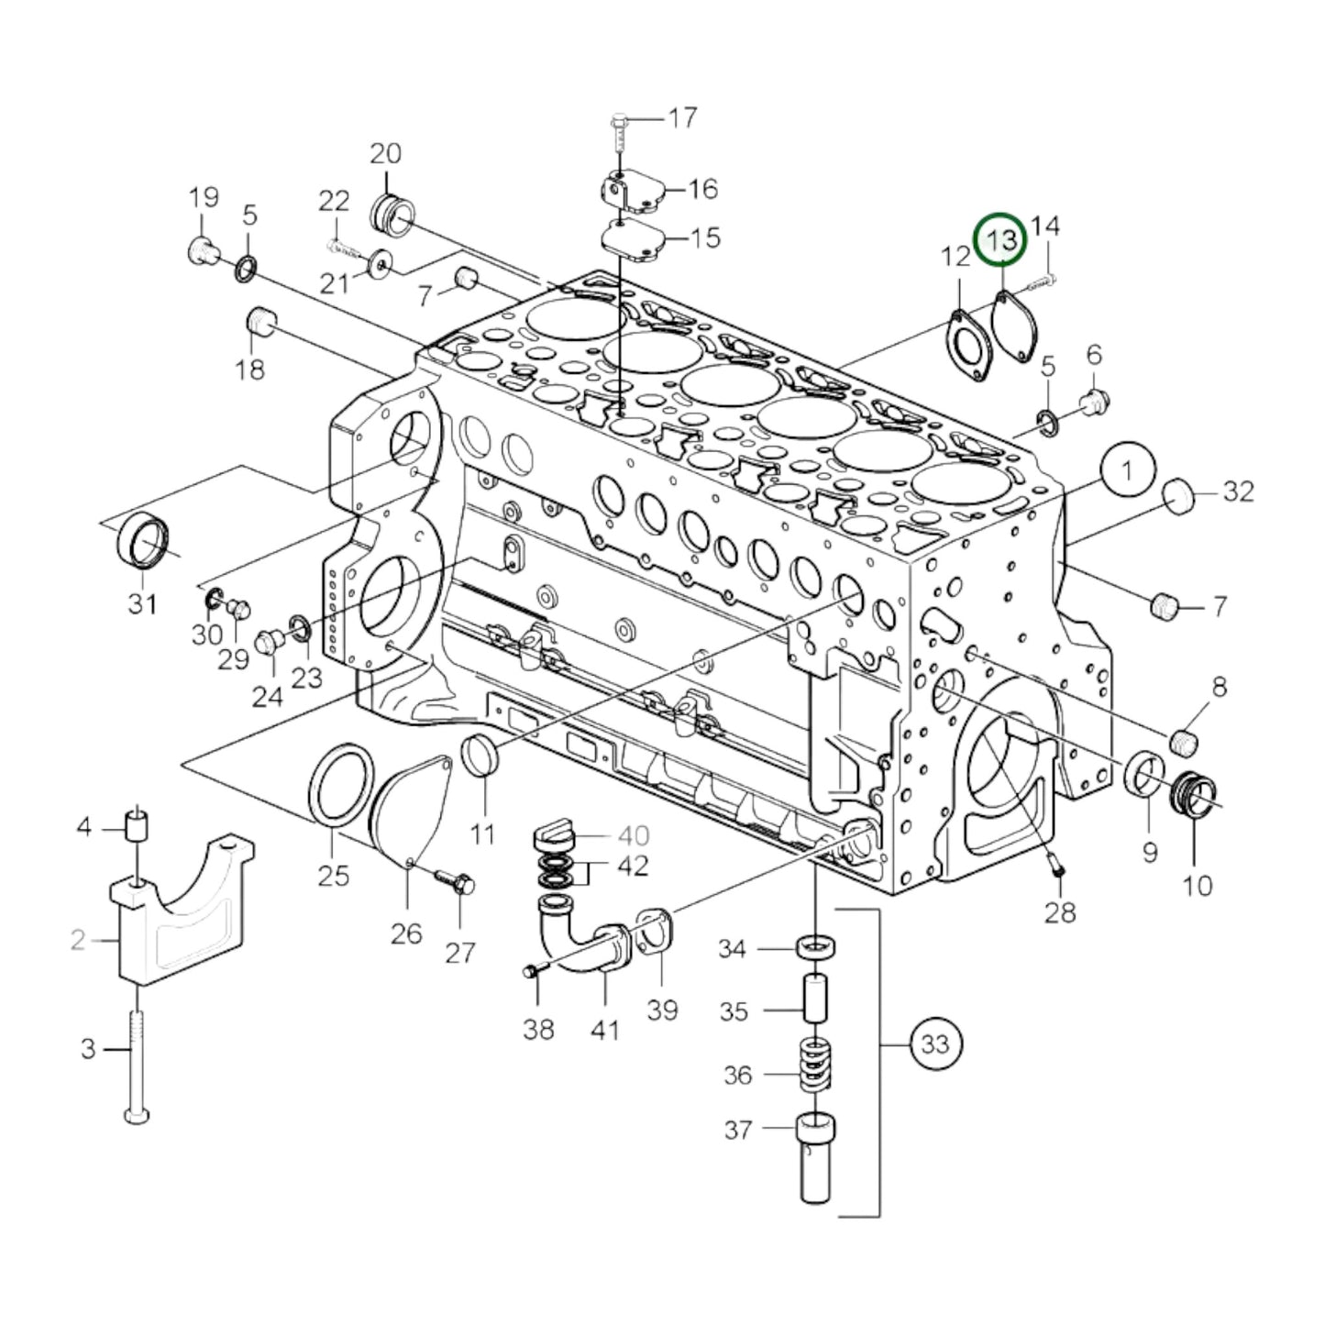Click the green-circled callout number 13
coord(1001,240)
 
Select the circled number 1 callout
coord(1127,470)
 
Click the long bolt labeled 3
coord(137,1064)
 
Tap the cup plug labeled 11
coord(481,755)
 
